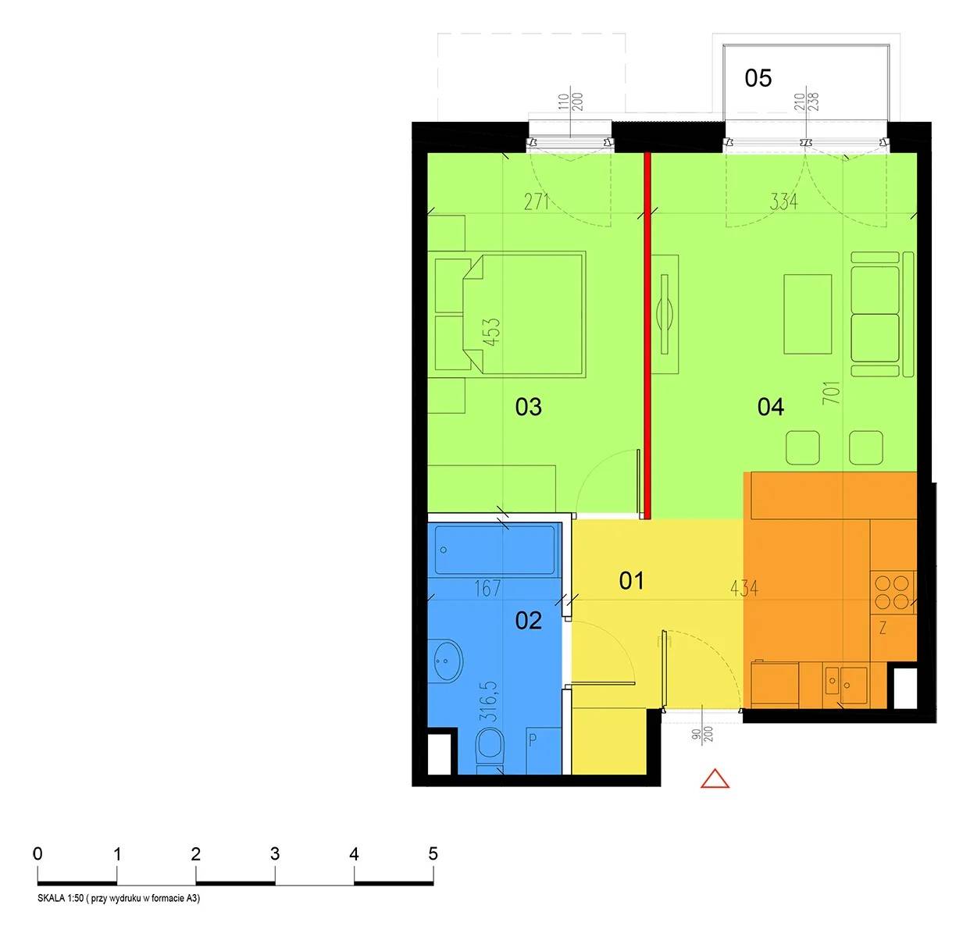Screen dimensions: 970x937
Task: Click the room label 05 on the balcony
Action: (x=758, y=78)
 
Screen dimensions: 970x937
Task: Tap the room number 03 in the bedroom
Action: (x=529, y=407)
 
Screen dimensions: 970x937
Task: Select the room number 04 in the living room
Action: (x=771, y=407)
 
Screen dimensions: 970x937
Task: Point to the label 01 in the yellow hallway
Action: (x=632, y=581)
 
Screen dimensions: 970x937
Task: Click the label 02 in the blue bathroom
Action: (x=529, y=621)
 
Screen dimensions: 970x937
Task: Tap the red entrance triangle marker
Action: (x=715, y=778)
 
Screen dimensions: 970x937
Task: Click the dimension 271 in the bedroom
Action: (x=537, y=202)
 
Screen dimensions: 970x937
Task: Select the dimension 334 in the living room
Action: (x=783, y=201)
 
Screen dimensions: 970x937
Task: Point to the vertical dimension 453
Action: (x=491, y=332)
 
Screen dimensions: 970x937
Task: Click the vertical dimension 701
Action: (x=832, y=392)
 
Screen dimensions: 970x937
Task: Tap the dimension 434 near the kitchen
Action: (x=744, y=589)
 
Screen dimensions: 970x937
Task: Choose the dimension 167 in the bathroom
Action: (x=487, y=588)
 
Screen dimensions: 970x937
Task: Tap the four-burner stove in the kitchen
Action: (x=892, y=592)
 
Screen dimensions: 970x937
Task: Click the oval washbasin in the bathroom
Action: (x=446, y=661)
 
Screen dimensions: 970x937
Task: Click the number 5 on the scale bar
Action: (x=433, y=853)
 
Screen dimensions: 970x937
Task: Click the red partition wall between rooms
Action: (x=647, y=336)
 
